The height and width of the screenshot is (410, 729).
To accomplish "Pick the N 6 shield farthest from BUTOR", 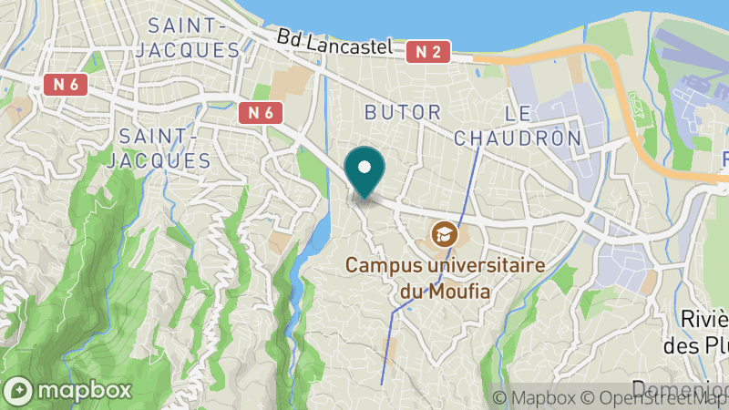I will [66, 84].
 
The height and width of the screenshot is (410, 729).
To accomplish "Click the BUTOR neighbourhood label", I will [402, 112].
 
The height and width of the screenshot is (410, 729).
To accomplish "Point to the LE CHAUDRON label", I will [518, 126].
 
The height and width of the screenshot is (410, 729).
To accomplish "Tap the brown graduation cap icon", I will [444, 234].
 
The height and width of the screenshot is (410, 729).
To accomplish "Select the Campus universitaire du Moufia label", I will [445, 278].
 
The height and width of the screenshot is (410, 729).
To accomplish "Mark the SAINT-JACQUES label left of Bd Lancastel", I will [188, 36].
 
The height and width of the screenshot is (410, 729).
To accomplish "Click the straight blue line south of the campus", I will [387, 346].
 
